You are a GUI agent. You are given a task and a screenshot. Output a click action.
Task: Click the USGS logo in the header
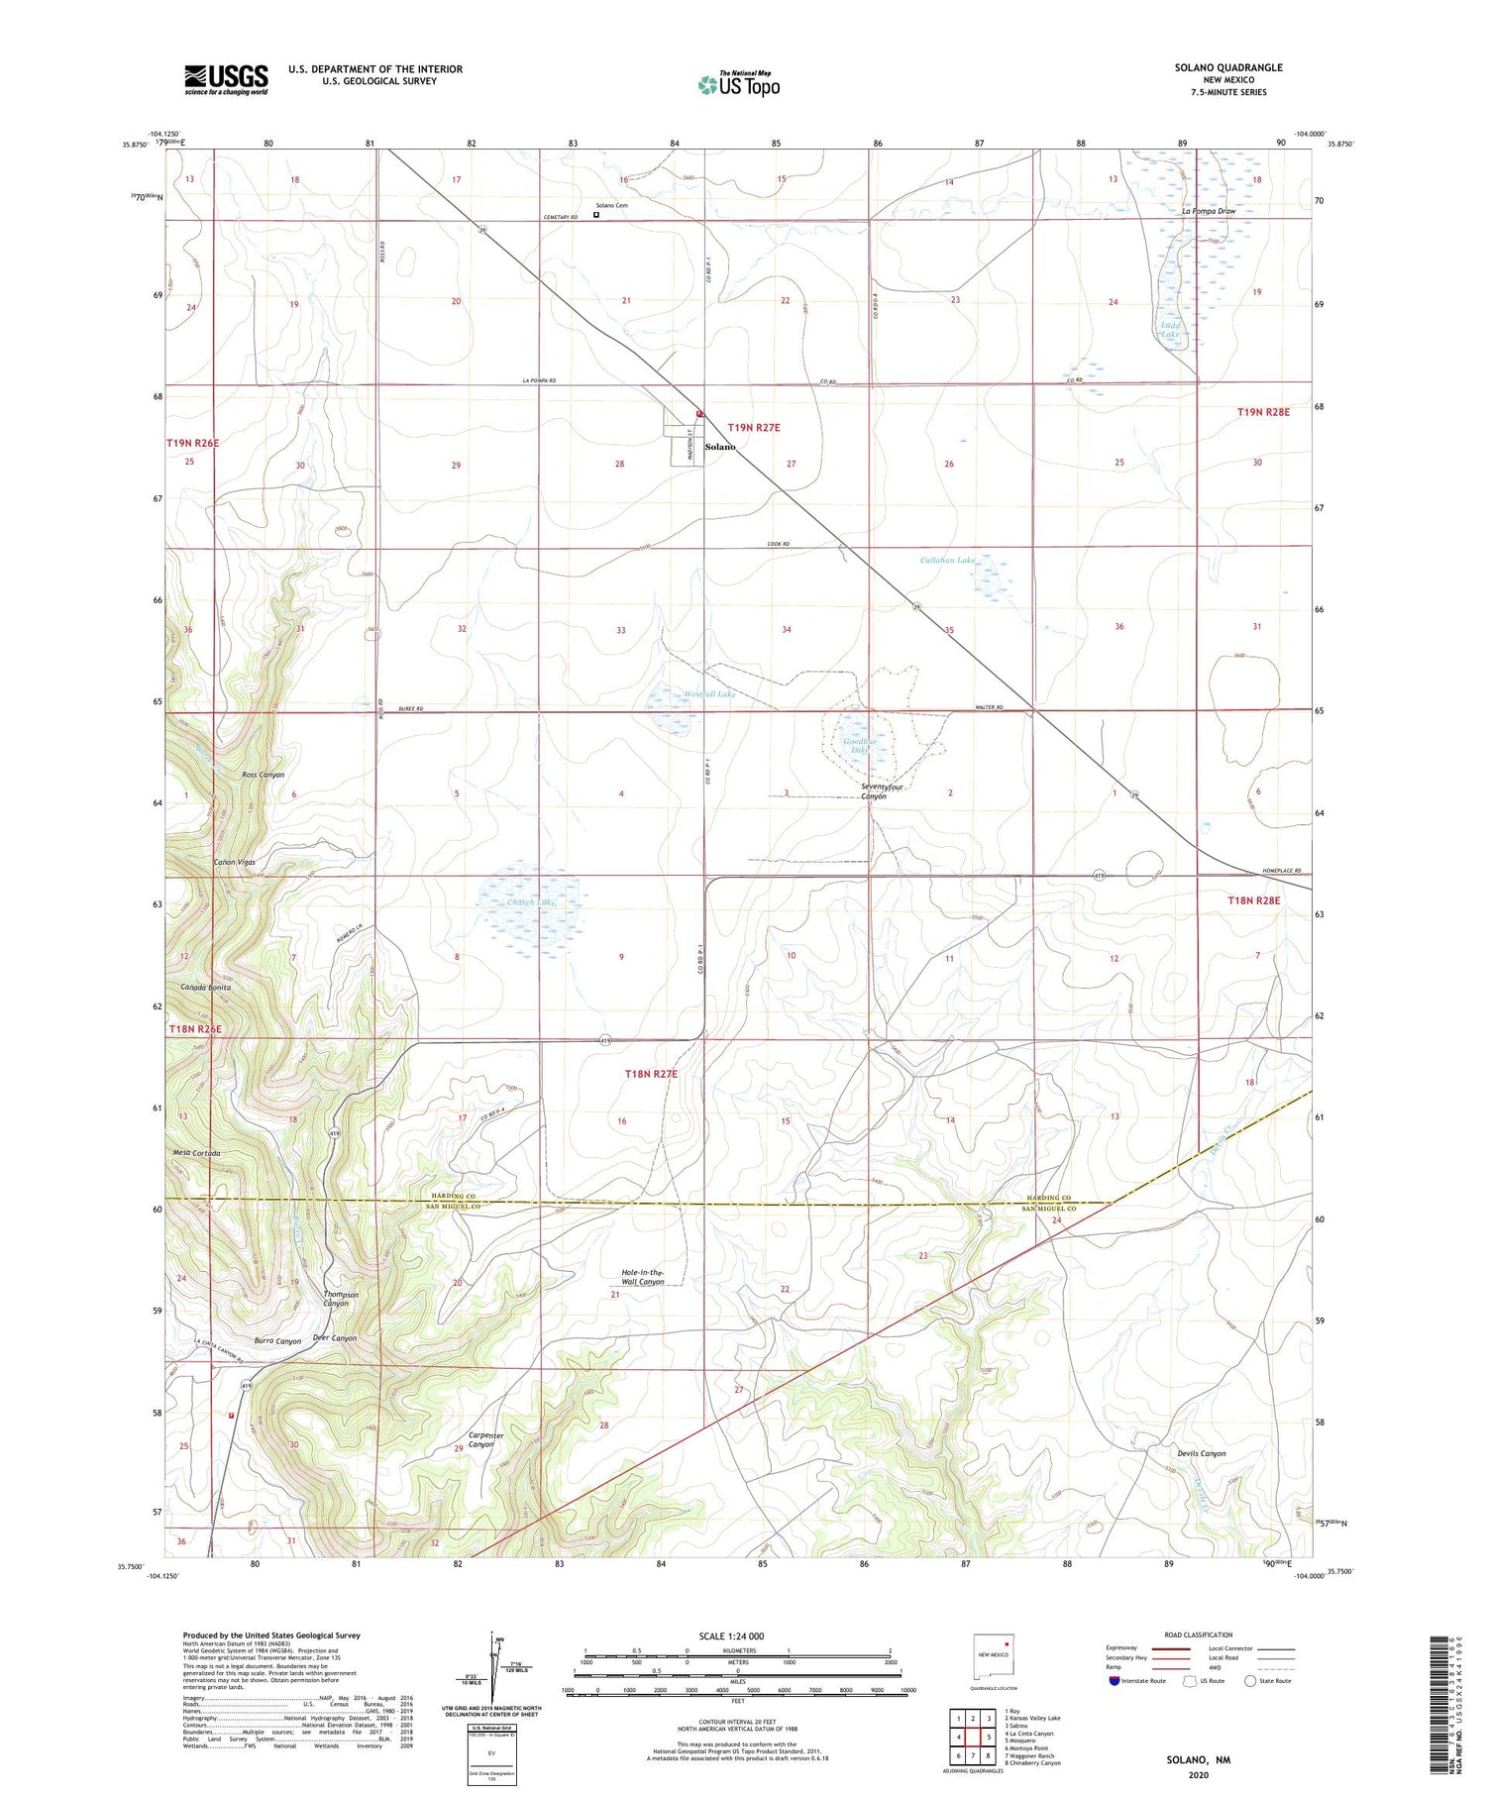click(x=226, y=79)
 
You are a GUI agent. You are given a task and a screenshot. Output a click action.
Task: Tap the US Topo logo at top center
click(x=739, y=84)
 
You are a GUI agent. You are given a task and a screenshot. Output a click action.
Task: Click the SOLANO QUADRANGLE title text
click(x=1227, y=67)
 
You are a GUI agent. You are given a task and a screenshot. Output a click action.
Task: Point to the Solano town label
click(x=720, y=447)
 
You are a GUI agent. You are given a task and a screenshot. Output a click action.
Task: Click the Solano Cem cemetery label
click(x=611, y=205)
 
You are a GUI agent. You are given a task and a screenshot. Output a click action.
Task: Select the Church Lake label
click(x=532, y=902)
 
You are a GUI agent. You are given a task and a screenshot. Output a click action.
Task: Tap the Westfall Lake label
click(x=709, y=694)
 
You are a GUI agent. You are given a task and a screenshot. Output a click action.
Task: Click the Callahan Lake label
click(x=948, y=560)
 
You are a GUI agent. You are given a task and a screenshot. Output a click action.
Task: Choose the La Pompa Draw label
click(x=1209, y=211)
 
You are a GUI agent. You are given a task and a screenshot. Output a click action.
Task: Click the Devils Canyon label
click(x=1201, y=1454)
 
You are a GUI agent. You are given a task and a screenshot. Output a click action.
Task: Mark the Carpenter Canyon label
click(x=485, y=1439)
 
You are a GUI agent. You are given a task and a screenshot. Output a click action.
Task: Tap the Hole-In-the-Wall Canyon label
click(x=643, y=1277)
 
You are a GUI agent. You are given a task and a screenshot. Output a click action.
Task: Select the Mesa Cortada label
click(x=196, y=1154)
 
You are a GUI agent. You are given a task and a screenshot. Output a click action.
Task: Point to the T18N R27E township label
click(x=651, y=1074)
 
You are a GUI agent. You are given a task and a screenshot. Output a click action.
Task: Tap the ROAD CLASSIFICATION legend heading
click(x=1198, y=1635)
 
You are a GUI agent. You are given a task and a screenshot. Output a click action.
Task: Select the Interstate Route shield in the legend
click(x=1114, y=1681)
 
